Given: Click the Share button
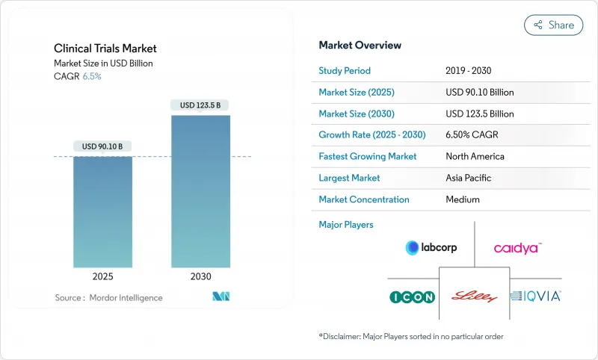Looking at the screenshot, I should tap(554, 25).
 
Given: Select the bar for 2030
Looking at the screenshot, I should tap(200, 191).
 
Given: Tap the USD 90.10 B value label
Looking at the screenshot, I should tap(102, 146).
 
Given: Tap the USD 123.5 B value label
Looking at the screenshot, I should tap(200, 105).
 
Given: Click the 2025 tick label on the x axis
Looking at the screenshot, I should tap(102, 276).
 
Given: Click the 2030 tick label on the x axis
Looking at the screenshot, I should tap(200, 276).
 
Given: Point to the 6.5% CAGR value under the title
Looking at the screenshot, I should tap(91, 76).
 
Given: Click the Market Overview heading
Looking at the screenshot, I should tap(360, 46).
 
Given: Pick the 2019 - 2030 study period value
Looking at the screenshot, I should tap(469, 71).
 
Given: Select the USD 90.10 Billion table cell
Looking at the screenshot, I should tap(479, 93).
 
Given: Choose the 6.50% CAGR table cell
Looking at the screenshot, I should tap(473, 135).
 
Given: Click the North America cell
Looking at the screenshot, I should tap(475, 157).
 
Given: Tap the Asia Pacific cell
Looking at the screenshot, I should tap(469, 178).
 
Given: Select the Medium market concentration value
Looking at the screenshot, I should tap(462, 199).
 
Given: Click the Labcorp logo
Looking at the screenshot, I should tap(431, 247).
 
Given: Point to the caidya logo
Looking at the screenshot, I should tap(517, 247).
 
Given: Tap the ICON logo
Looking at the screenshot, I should tap(412, 297).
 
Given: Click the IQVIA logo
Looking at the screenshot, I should tap(535, 297).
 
